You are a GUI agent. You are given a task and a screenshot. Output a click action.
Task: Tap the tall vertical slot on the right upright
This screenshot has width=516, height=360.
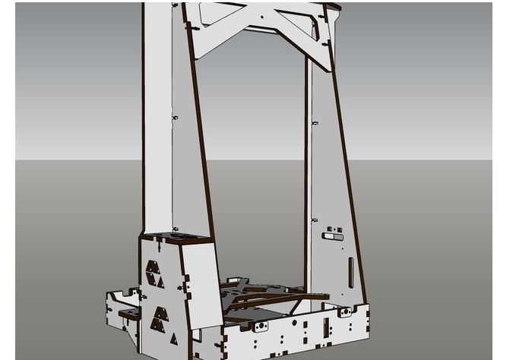[350, 271]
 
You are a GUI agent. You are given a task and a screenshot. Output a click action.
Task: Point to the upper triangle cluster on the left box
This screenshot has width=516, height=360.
[153, 274]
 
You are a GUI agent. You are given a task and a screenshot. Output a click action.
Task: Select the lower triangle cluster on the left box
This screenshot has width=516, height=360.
[160, 318]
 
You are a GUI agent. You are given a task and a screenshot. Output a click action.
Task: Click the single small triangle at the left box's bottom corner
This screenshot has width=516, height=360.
[173, 339]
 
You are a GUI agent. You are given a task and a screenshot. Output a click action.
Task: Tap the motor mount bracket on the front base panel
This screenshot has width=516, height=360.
[260, 326]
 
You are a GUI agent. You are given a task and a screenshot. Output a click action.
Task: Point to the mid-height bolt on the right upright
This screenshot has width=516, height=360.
[315, 122]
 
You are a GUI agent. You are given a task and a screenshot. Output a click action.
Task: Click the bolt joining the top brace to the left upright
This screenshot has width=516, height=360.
[196, 27]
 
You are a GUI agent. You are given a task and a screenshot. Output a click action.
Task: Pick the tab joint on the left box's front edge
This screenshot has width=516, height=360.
[183, 286]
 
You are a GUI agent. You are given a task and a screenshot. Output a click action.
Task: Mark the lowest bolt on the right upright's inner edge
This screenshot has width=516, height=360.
[314, 220]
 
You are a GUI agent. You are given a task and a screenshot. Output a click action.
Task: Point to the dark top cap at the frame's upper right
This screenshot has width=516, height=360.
[333, 7]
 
